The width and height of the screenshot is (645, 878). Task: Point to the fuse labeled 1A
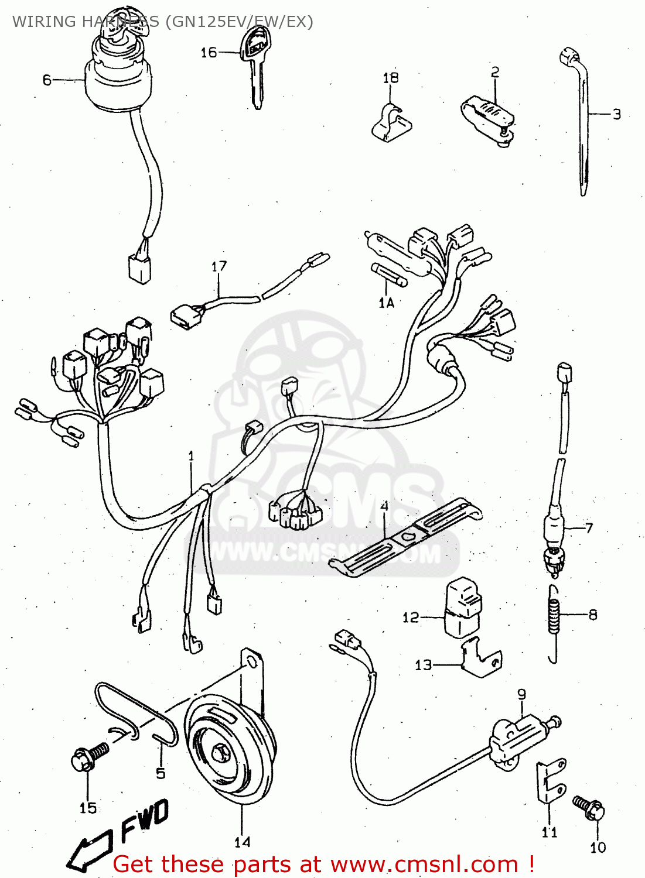[x=387, y=275]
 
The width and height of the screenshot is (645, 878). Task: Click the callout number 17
[x=219, y=267]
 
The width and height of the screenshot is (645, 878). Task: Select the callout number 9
[x=521, y=694]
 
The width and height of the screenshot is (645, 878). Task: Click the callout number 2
[x=495, y=72]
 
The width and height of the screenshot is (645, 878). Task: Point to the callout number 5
[x=161, y=773]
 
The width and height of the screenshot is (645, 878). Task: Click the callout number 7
[x=589, y=527]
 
